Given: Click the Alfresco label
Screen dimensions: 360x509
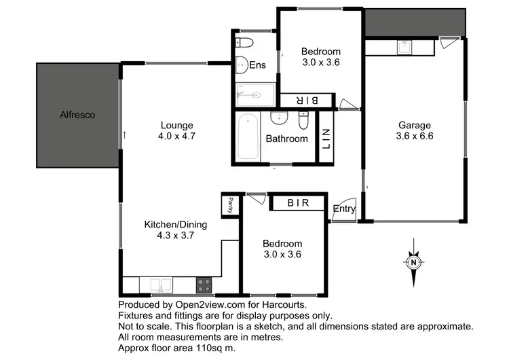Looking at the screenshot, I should coord(77,115).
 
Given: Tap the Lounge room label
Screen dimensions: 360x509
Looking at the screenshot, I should coord(177,125).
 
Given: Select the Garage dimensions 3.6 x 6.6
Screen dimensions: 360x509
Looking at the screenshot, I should coord(415,136).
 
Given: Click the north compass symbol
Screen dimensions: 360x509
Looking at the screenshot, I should coord(413,262).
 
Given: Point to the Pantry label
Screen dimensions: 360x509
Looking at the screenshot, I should coord(231,204).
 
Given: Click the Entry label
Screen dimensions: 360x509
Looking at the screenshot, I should coord(344,209).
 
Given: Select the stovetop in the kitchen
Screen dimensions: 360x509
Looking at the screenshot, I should coord(204,285).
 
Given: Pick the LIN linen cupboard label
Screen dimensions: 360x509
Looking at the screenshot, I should coord(325,140).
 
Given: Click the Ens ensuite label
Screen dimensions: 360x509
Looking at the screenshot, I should coord(257,65).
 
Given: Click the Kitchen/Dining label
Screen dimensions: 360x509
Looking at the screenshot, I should coord(176,225).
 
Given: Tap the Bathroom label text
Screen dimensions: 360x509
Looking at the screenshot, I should coord(286,139).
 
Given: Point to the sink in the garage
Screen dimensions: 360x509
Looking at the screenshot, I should coord(403,46).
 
